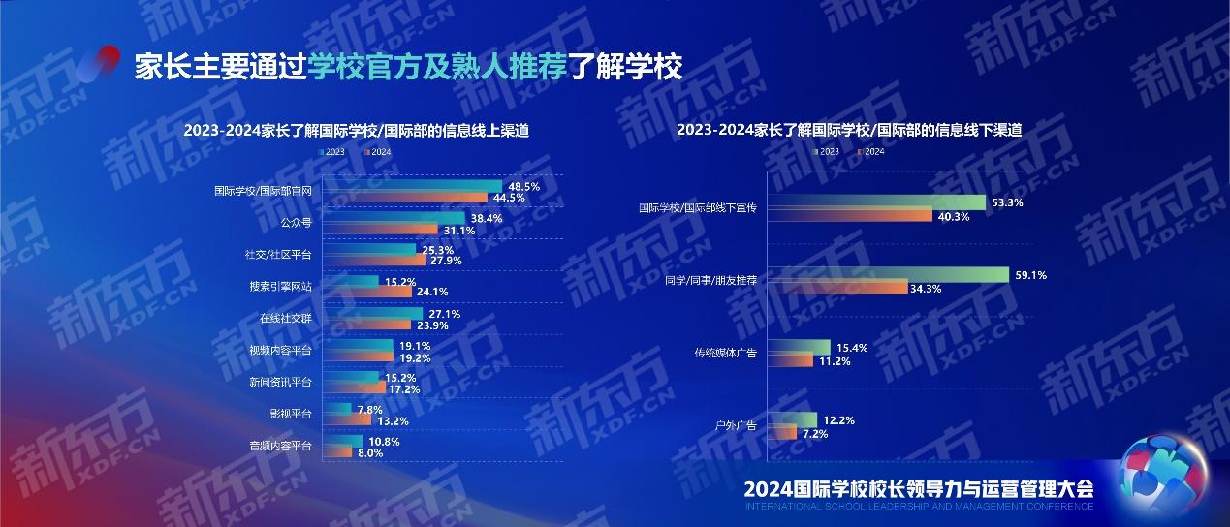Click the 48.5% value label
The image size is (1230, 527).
523,185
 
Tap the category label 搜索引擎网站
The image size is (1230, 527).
280,286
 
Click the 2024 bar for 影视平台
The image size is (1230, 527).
354,420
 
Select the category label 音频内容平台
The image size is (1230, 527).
280,447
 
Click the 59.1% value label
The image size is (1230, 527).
1030,275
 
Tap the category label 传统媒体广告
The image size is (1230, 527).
725,353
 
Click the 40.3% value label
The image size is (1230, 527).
954,216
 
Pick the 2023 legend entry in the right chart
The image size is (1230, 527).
829,151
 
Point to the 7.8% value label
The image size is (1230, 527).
370,410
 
